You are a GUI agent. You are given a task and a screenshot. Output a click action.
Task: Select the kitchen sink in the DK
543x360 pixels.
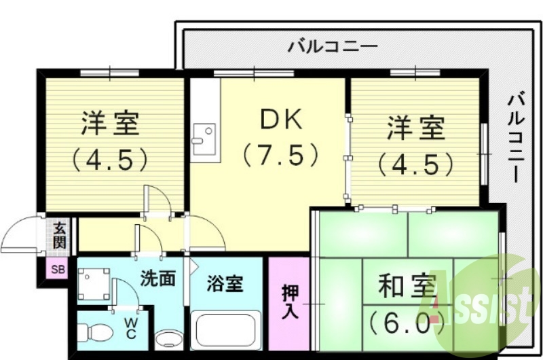203,138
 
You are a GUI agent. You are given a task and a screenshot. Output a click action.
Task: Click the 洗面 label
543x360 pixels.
159,277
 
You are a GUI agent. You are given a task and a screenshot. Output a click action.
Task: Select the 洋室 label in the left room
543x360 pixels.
110,124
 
